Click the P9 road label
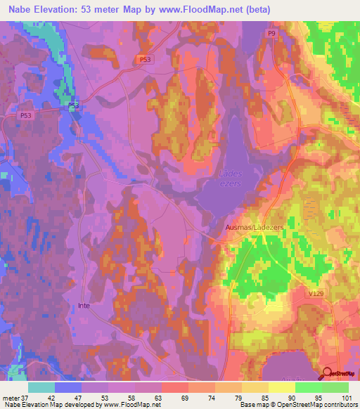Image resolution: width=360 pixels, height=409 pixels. pos(271,33)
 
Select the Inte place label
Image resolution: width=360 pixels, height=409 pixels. pos(84,305)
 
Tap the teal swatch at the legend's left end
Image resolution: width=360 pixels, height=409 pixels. pos(41,387)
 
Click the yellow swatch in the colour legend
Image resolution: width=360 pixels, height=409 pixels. pos(282,387)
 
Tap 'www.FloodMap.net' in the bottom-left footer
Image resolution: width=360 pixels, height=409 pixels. pos(131,405)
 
